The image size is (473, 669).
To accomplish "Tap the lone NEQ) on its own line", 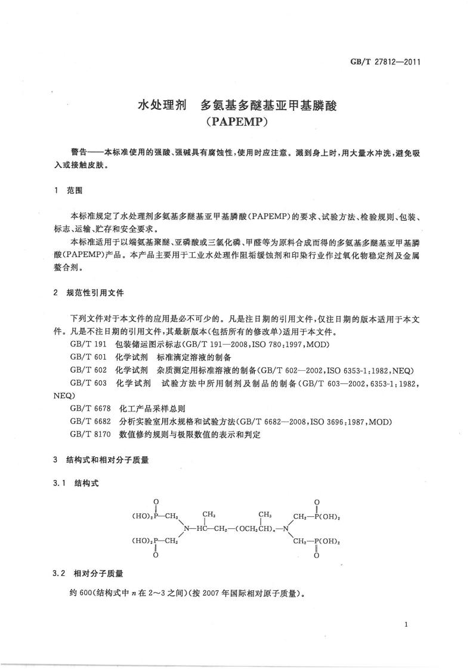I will [x=64, y=395].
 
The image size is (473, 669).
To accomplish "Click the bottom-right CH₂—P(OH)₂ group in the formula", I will [x=316, y=542].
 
